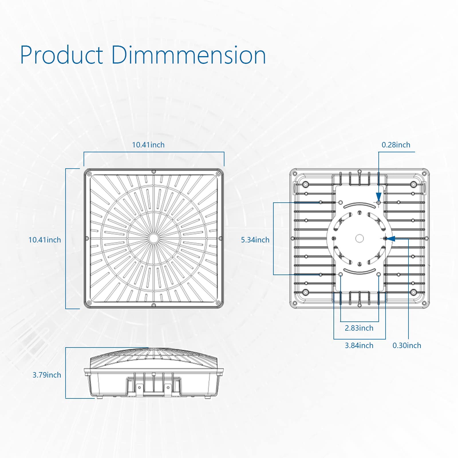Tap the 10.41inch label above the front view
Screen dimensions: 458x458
[148, 145]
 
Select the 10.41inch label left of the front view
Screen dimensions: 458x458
[45, 240]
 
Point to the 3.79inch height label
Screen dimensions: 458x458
[47, 375]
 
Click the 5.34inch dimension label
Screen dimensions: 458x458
[255, 240]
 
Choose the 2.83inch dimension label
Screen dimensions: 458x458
[359, 328]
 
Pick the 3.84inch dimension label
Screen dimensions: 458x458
[359, 346]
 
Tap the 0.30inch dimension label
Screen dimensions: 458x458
[407, 346]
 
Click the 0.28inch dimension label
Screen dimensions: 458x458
[396, 145]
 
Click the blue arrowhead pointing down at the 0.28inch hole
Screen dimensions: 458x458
[379, 197]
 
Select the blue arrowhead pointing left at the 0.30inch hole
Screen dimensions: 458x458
[391, 238]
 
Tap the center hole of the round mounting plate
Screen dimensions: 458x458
[360, 238]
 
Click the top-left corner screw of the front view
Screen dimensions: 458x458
[89, 174]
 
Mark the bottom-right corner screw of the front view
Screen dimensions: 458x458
[218, 303]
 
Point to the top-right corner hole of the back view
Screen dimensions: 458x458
[413, 184]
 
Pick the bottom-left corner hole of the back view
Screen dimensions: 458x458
[306, 292]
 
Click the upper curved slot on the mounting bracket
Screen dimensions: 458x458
[360, 205]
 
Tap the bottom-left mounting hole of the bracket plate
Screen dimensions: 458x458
[341, 275]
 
